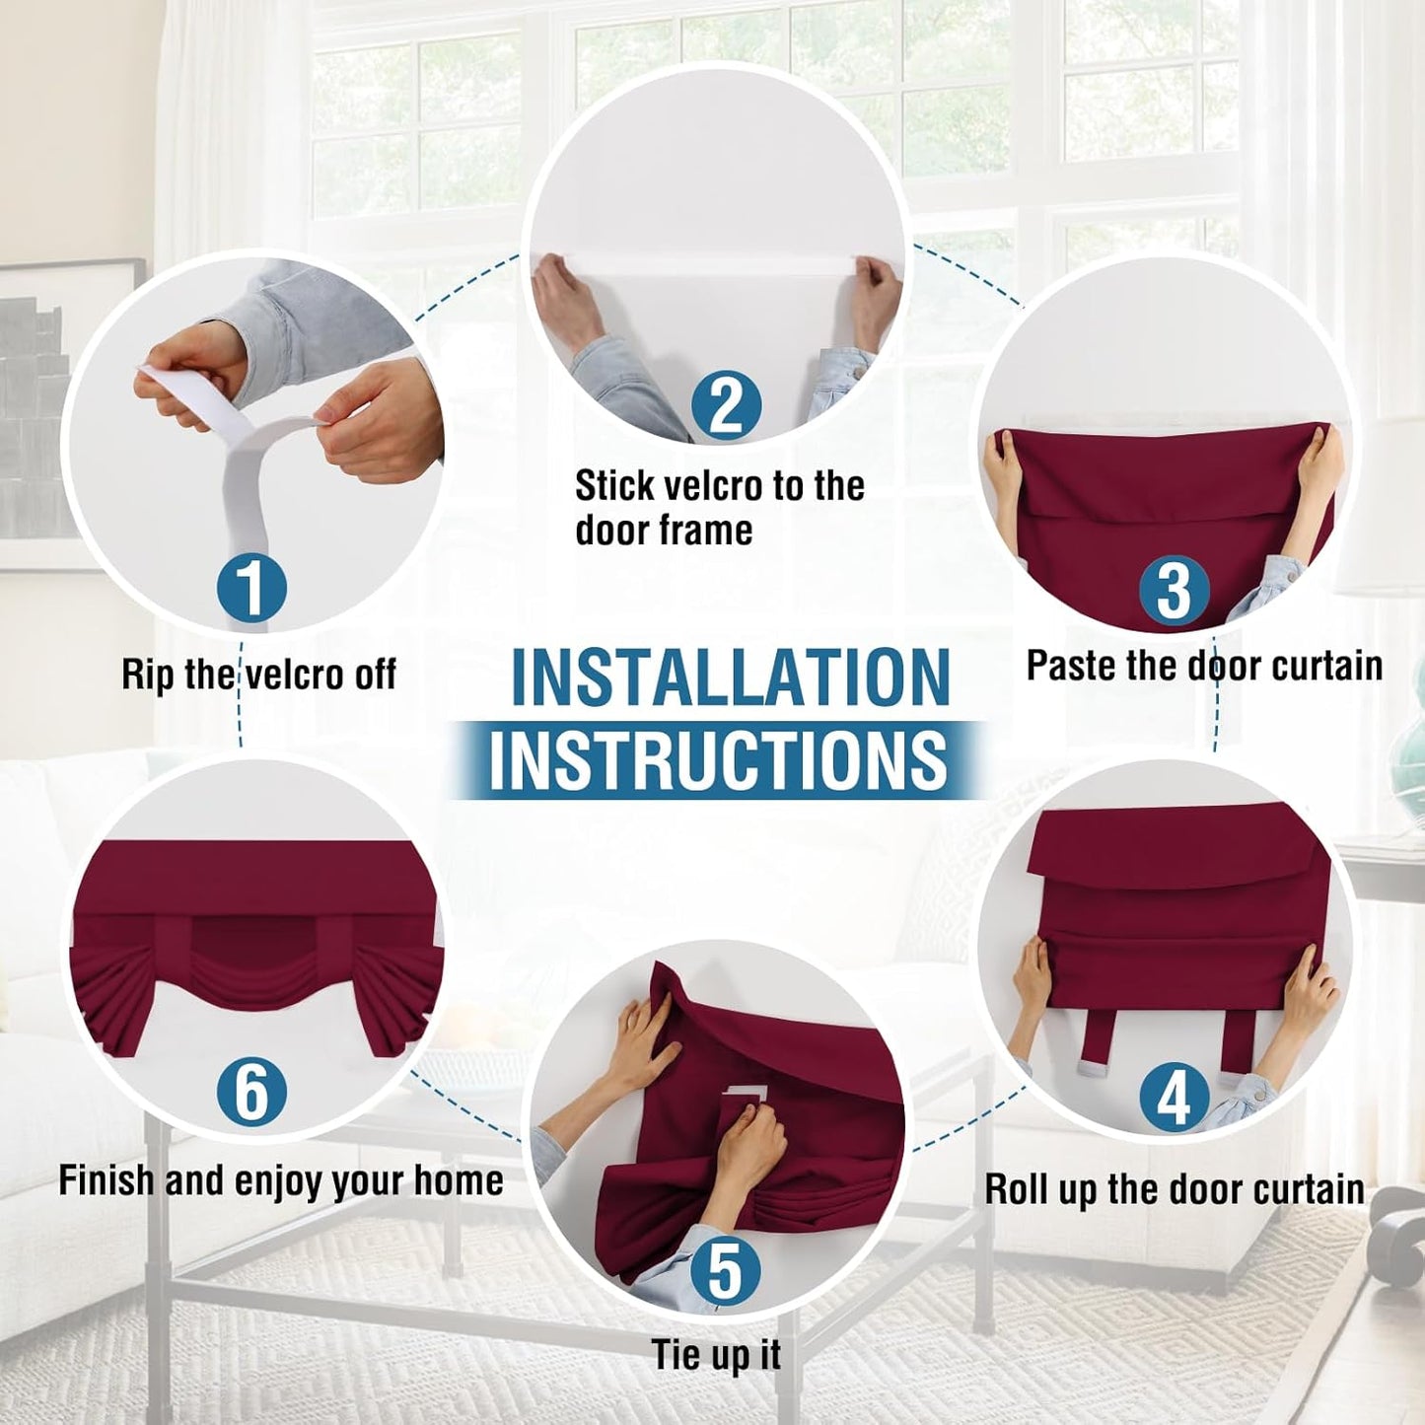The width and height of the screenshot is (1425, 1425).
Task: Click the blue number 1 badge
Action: click(x=252, y=589)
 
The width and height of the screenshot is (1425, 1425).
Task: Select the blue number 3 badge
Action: click(x=1174, y=590)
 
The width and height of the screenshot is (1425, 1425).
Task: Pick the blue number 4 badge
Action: click(x=1174, y=1098)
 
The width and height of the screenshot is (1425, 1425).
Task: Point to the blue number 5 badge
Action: click(x=725, y=1270)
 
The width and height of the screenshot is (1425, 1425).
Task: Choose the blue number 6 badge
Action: click(x=252, y=1092)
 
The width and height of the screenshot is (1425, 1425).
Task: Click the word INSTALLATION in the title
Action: click(x=731, y=678)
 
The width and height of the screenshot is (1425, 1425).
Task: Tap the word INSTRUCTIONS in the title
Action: click(x=718, y=760)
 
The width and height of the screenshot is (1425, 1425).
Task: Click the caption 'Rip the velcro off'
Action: click(x=258, y=676)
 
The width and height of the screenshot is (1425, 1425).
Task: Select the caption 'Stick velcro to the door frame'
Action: click(x=719, y=508)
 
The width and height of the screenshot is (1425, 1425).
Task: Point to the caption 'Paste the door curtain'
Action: click(x=1204, y=666)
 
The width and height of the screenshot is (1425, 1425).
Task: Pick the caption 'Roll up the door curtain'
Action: click(x=1175, y=1189)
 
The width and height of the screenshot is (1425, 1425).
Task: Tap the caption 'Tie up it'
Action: click(x=716, y=1355)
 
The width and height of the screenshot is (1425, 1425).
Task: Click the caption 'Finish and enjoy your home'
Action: click(x=281, y=1180)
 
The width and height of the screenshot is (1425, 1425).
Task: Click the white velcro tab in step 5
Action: click(x=745, y=1093)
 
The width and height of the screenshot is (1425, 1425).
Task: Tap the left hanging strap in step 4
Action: click(x=1095, y=1043)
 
